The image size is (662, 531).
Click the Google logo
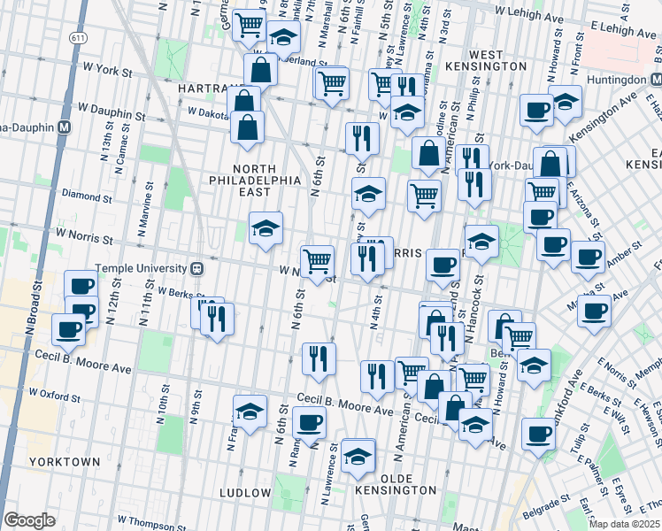click(x=29, y=520)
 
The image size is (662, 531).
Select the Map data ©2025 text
click(x=625, y=524)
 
